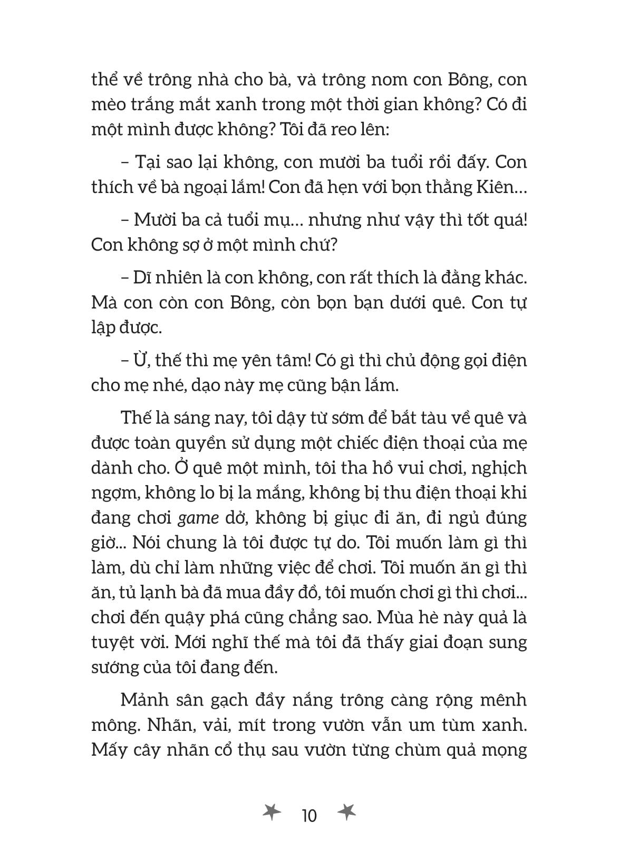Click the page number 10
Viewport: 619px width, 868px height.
click(x=309, y=816)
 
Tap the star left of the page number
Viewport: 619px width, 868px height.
click(x=272, y=814)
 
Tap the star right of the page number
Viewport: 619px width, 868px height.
click(x=346, y=814)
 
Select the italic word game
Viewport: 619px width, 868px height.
click(x=198, y=518)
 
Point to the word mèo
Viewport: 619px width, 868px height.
click(x=109, y=104)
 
